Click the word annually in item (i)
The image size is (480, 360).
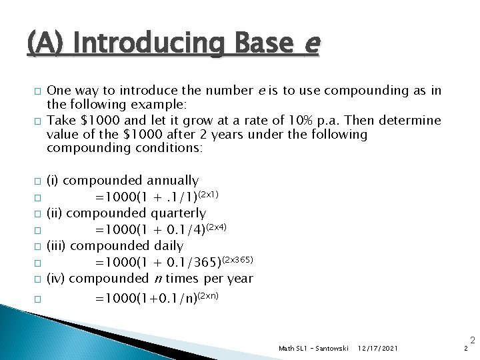click(172, 181)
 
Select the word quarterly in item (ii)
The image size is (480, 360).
click(178, 213)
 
